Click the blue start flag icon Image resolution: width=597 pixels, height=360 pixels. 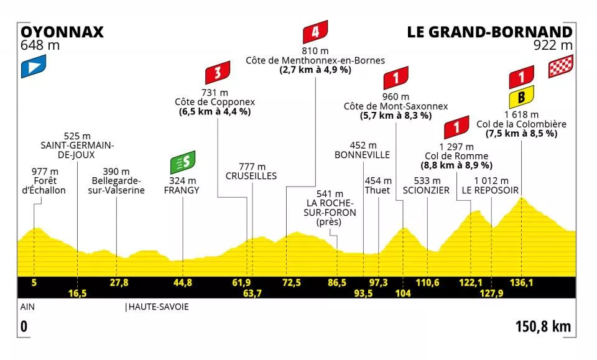coord(34,67)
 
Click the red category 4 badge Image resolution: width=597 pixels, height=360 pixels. coord(315,31)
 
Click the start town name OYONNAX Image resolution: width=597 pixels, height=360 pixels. coord(62,32)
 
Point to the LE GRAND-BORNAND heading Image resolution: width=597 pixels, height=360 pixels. coord(489,32)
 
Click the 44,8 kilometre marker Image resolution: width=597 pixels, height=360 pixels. coord(183,282)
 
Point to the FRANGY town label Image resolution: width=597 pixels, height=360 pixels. coord(183,190)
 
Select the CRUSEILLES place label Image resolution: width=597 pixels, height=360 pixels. coord(251,177)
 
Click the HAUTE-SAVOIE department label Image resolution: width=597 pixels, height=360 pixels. coord(157,307)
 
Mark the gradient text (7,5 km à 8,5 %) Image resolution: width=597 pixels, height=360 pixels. coord(521,134)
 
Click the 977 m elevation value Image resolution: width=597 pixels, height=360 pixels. coord(45,172)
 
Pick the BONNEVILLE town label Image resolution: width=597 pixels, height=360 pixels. coord(362,154)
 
